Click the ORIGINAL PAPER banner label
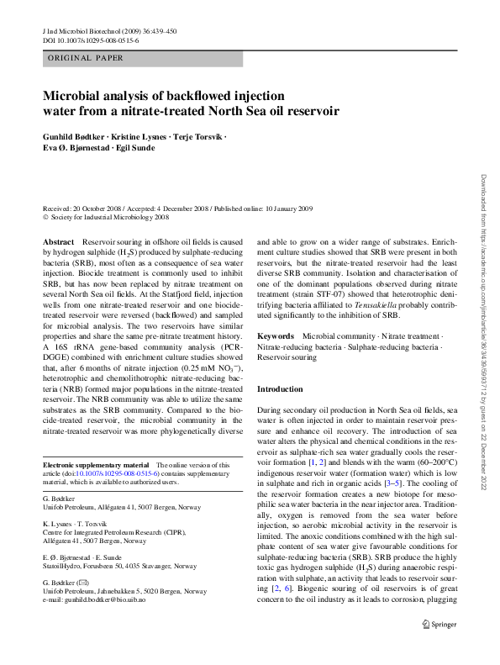click(84, 58)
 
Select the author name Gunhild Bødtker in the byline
click(76, 136)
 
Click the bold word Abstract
click(57, 241)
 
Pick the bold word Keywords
click(276, 335)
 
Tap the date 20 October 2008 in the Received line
click(105, 208)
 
